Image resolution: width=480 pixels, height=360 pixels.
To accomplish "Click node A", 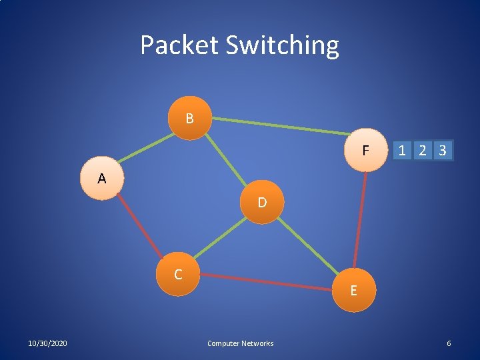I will click(101, 179).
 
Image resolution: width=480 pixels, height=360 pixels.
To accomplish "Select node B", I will click(190, 119).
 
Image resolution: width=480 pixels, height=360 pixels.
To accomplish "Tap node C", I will click(178, 274).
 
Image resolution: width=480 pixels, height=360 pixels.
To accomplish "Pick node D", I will click(262, 202).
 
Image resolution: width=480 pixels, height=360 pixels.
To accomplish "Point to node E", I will click(353, 290).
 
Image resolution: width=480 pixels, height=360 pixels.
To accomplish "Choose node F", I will click(365, 151).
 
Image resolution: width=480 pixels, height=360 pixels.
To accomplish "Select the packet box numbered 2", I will click(422, 151).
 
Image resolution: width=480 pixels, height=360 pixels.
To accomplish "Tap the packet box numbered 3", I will click(443, 151).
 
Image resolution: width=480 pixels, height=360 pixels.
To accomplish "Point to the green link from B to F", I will click(280, 126).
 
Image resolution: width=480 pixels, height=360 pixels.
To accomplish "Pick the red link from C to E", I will click(267, 282).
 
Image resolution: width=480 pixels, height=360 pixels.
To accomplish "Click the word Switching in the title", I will click(282, 45).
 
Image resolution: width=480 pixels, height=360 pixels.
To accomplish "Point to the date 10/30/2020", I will click(47, 343).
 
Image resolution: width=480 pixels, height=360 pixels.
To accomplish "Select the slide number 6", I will click(449, 343).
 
